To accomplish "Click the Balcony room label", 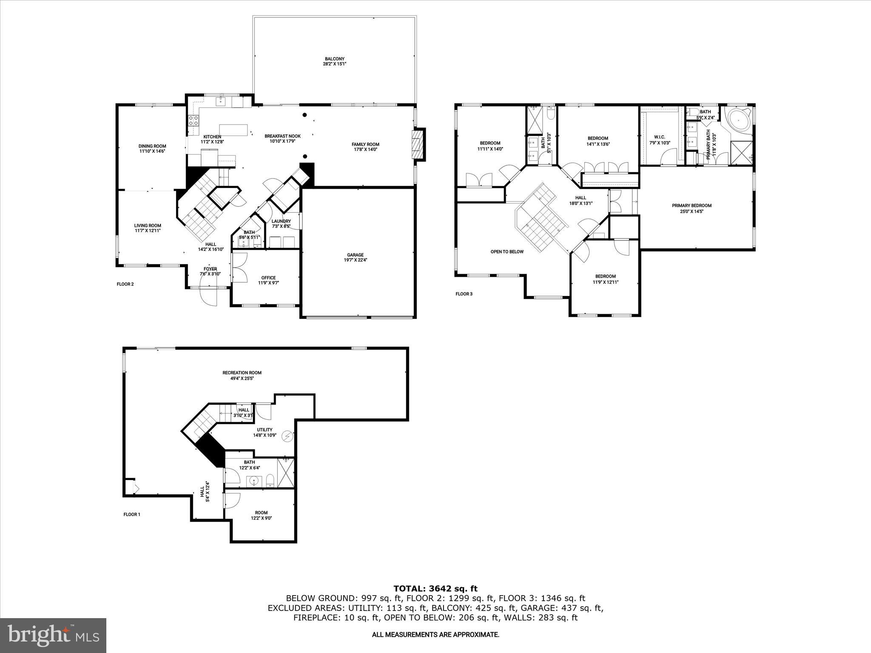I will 335,59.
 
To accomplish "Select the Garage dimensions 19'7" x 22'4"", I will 355,260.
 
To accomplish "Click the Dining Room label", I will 152,146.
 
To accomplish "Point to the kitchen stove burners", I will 193,120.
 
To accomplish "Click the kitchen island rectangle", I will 233,130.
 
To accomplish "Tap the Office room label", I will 268,278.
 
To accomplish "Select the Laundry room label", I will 281,221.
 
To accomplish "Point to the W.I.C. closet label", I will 660,137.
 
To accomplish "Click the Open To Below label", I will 507,252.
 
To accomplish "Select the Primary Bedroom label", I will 692,205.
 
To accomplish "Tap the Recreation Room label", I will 242,373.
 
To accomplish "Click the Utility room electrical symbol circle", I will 288,435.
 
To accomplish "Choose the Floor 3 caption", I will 464,294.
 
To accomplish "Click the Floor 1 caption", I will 132,514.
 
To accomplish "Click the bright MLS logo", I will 53,635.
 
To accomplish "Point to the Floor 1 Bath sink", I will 254,481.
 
